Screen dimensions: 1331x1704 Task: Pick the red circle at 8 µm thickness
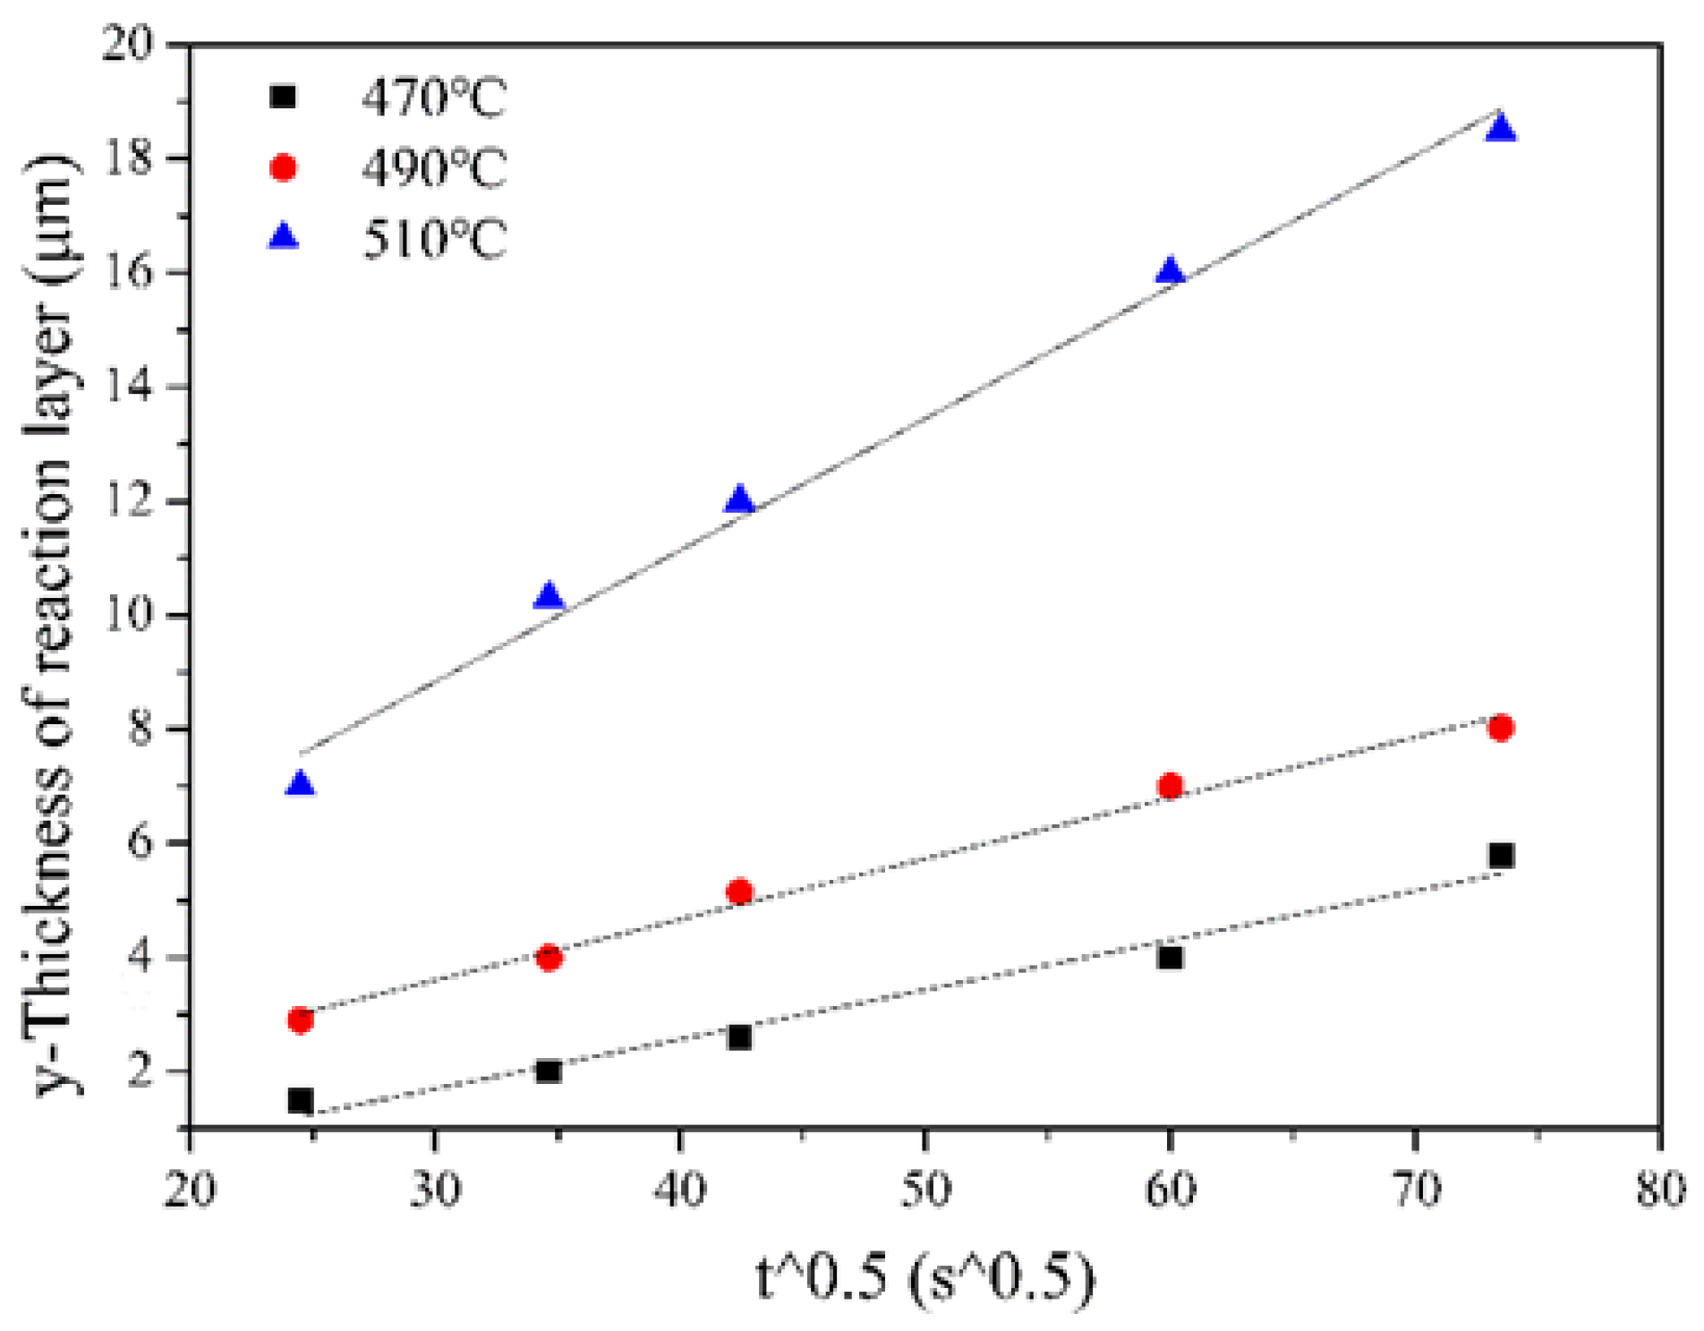pyautogui.click(x=1501, y=728)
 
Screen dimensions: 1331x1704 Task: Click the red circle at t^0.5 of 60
pyautogui.click(x=1170, y=786)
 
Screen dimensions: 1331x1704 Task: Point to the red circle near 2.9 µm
pyautogui.click(x=301, y=1020)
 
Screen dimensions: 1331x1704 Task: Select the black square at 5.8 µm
pyautogui.click(x=1501, y=856)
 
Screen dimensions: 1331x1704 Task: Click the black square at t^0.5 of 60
pyautogui.click(x=1170, y=958)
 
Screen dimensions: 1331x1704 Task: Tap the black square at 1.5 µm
pyautogui.click(x=301, y=1100)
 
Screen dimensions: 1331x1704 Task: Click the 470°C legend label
pyautogui.click(x=434, y=98)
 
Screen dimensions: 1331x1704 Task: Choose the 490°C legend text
pyautogui.click(x=434, y=168)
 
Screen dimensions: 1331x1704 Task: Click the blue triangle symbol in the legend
pyautogui.click(x=284, y=237)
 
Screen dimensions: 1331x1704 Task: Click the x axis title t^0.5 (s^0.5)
pyautogui.click(x=924, y=1277)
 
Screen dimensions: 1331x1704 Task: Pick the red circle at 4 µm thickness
pyautogui.click(x=550, y=958)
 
